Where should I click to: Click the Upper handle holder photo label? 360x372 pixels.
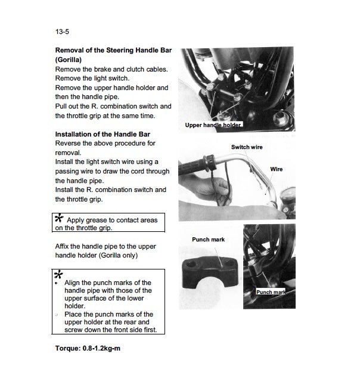point(213,125)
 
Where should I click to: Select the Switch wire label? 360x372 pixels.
point(246,147)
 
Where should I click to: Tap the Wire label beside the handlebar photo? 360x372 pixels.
point(277,169)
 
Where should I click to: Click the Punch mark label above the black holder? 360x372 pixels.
point(208,240)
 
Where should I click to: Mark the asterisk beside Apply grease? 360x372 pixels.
point(60,219)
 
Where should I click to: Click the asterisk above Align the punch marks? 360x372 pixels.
point(58,274)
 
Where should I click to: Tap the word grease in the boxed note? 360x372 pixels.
point(102,220)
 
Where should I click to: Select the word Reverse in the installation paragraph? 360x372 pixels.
point(70,144)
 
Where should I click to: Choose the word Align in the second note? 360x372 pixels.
point(75,283)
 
